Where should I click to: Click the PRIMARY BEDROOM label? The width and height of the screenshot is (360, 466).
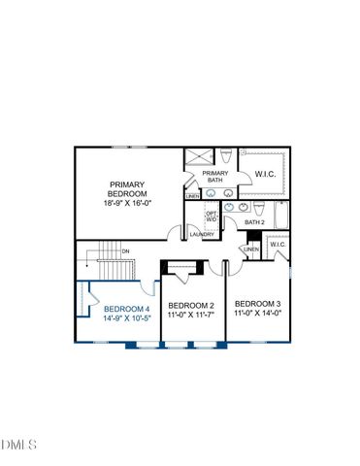pyautogui.click(x=127, y=188)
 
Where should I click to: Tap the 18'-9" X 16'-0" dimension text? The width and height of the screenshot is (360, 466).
pyautogui.click(x=127, y=202)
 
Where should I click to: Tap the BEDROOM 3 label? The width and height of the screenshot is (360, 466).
pyautogui.click(x=257, y=304)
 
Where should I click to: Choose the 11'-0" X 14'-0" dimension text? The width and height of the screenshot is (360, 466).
pyautogui.click(x=257, y=314)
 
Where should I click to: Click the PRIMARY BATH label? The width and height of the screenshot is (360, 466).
pyautogui.click(x=215, y=177)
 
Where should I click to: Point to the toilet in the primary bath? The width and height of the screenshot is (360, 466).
pyautogui.click(x=224, y=157)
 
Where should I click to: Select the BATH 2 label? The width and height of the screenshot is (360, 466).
pyautogui.click(x=254, y=223)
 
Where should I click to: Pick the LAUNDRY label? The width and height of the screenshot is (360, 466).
pyautogui.click(x=202, y=234)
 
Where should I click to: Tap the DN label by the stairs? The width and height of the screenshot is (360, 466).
pyautogui.click(x=125, y=250)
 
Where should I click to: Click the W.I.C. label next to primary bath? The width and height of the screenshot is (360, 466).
pyautogui.click(x=265, y=175)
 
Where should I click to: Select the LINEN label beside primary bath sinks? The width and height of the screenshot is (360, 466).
pyautogui.click(x=192, y=196)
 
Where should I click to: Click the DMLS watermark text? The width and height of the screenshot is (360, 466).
pyautogui.click(x=18, y=445)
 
